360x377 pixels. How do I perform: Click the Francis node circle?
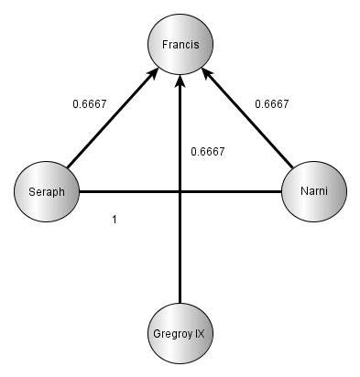coord(180,44)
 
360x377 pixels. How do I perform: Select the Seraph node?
coord(48,191)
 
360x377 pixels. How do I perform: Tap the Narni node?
coord(313,191)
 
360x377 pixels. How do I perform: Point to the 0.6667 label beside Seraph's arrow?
coord(89,103)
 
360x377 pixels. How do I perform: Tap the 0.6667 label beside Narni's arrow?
coord(272,103)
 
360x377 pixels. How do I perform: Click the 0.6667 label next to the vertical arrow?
coord(208,151)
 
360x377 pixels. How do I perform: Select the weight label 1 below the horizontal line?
coord(114,219)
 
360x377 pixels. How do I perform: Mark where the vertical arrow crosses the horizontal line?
coord(180,191)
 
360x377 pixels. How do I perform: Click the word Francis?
coord(180,44)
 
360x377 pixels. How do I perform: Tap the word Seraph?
coord(48,191)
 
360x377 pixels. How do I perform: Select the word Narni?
coord(313,191)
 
